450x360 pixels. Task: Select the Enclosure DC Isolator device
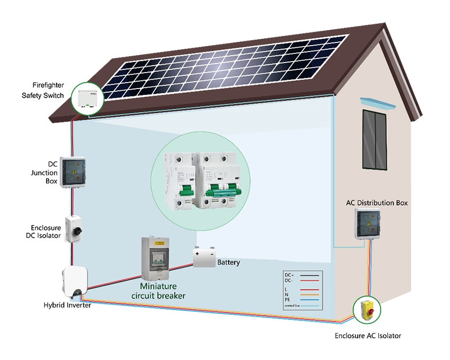click(x=72, y=229)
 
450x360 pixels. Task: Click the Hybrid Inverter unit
click(x=74, y=282)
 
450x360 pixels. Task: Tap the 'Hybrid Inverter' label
click(x=67, y=306)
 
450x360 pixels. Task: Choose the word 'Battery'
click(x=229, y=262)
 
